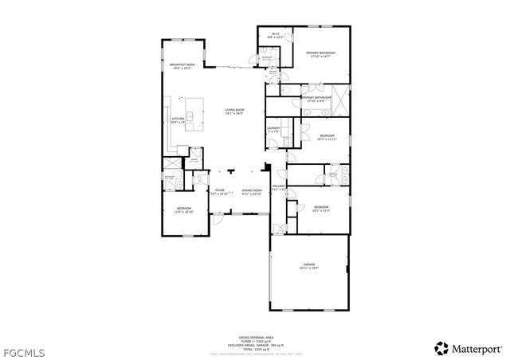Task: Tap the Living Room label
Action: click(233, 111)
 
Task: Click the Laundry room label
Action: click(273, 129)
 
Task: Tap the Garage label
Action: click(309, 266)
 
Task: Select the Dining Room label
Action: click(252, 191)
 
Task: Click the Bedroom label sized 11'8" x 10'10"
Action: click(184, 209)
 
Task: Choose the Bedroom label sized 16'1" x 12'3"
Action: click(320, 209)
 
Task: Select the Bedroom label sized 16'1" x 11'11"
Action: click(327, 137)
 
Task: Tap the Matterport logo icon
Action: click(441, 348)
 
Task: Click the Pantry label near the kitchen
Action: click(192, 160)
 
